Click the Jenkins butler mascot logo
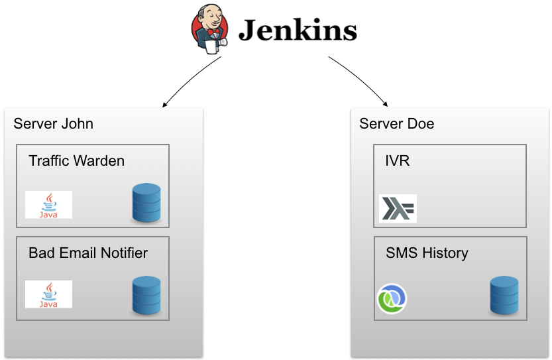click(210, 29)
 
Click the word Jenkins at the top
click(298, 30)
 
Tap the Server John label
click(53, 123)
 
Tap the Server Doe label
click(397, 123)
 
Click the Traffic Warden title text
click(76, 160)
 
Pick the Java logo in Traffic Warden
click(48, 205)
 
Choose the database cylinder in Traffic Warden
click(146, 203)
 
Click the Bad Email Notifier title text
click(88, 253)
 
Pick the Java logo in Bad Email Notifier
click(48, 294)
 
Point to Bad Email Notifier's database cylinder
click(146, 295)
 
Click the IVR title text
click(398, 160)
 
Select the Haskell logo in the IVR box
click(398, 208)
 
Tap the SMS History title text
click(427, 253)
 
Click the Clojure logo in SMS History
click(392, 299)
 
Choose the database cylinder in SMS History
click(504, 295)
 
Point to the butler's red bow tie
click(213, 32)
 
